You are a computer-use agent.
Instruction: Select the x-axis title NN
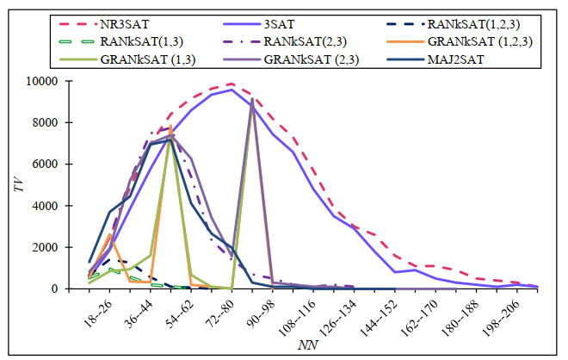[x=309, y=347]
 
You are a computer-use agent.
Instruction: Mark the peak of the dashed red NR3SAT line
[x=232, y=84]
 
